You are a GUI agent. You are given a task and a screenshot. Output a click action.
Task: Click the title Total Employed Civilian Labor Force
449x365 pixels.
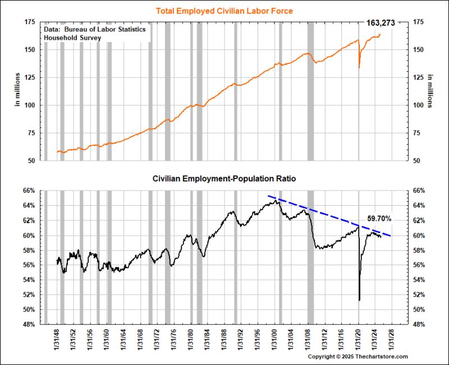pos(224,10)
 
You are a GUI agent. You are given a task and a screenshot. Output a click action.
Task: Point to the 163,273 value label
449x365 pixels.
pos(381,23)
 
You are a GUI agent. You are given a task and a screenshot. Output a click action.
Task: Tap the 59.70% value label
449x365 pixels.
pos(379,218)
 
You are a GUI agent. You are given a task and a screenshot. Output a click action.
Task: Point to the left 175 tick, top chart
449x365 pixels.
pos(30,22)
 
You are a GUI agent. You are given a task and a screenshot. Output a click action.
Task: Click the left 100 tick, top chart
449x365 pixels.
pos(30,105)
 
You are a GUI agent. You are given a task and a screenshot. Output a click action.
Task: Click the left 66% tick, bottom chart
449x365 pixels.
pos(29,191)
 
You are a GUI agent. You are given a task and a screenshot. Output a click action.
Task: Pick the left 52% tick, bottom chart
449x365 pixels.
pos(29,294)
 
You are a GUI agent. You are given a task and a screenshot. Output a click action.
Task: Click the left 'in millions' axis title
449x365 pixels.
pos(17,91)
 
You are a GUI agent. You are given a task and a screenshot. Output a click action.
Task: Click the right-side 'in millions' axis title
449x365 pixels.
pos(430,91)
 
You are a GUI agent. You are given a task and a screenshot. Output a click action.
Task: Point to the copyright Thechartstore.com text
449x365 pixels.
pos(358,356)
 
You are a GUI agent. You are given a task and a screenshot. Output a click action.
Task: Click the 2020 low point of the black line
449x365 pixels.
pos(359,300)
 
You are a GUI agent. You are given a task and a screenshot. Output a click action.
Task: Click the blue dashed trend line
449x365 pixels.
pos(326,212)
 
